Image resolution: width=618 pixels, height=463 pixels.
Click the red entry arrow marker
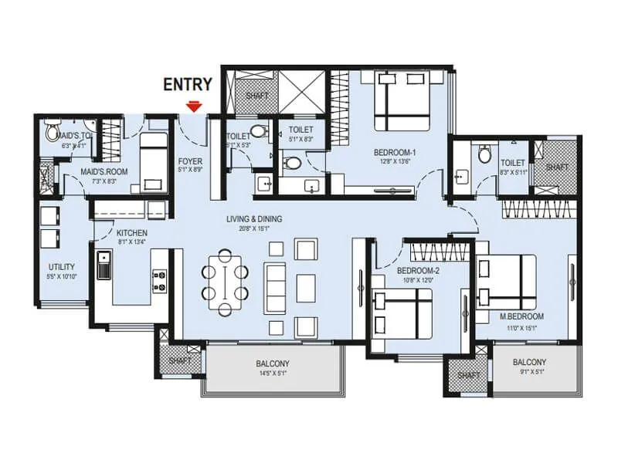click(194, 106)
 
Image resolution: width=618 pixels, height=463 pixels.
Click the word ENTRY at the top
click(188, 85)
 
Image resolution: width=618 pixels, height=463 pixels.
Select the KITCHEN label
click(132, 232)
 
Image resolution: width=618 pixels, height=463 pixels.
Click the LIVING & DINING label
click(254, 219)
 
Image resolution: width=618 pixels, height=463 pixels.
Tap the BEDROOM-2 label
click(418, 272)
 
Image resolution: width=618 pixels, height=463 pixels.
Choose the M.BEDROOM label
click(522, 316)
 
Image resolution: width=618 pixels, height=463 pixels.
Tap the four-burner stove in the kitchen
click(161, 279)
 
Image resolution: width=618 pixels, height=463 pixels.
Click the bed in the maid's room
click(153, 161)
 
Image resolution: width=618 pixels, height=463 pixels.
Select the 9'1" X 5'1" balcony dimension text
click(529, 373)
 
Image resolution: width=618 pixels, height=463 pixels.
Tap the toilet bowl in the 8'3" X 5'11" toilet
click(485, 154)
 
